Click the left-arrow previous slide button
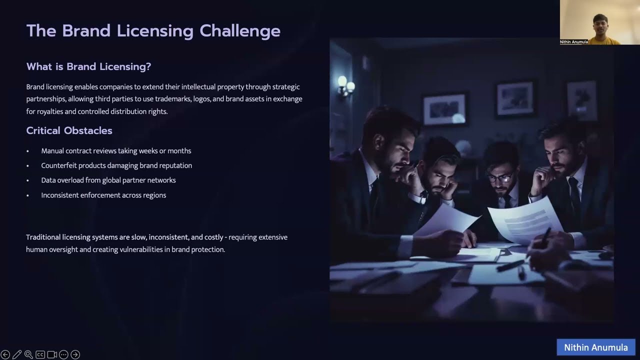pos(5,354)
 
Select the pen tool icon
pos(17,354)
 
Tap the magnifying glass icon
pos(28,354)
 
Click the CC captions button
pos(40,354)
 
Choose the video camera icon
pos(52,354)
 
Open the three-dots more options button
pos(63,354)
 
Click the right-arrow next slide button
pos(75,354)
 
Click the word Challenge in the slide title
pos(240,31)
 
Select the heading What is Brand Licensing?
pos(88,66)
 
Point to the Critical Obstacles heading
pos(69,130)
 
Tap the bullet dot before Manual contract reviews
pos(28,151)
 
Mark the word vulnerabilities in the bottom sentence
pos(142,249)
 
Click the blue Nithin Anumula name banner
pos(595,347)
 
